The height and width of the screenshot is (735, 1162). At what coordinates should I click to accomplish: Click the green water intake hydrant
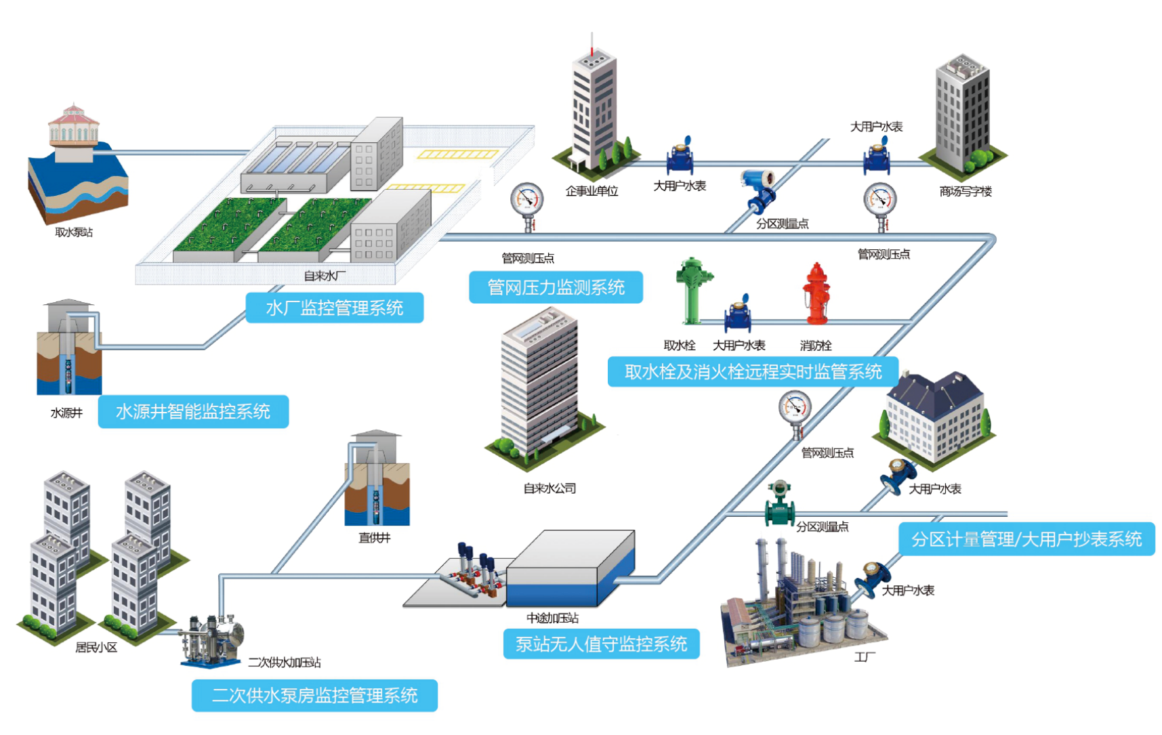click(x=692, y=291)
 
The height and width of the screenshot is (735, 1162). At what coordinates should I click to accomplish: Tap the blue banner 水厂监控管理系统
click(x=335, y=308)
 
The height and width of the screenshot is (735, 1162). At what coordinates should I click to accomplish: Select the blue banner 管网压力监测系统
click(x=556, y=287)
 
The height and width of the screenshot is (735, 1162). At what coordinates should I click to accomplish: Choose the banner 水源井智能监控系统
click(x=193, y=411)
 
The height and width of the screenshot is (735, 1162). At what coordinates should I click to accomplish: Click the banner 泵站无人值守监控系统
click(x=601, y=644)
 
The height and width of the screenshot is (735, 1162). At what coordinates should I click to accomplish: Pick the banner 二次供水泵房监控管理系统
click(x=314, y=696)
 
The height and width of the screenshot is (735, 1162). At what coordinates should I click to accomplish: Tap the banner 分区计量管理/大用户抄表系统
click(x=1026, y=539)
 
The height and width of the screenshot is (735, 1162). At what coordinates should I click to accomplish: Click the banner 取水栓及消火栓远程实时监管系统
click(x=753, y=372)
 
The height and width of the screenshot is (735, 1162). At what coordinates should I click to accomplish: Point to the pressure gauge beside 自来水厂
click(x=526, y=205)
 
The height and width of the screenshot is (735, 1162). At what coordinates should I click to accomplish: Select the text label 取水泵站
click(x=74, y=232)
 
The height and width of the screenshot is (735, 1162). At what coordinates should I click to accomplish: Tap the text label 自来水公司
click(x=549, y=488)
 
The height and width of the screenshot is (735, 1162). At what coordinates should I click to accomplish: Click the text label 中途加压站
click(x=553, y=618)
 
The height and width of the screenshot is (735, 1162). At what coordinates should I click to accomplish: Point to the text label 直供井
click(x=375, y=538)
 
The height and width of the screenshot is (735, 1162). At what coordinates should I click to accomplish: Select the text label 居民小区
click(x=96, y=648)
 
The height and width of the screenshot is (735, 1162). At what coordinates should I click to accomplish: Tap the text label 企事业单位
click(x=592, y=191)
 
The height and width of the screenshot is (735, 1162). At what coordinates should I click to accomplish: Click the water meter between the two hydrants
click(x=737, y=313)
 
